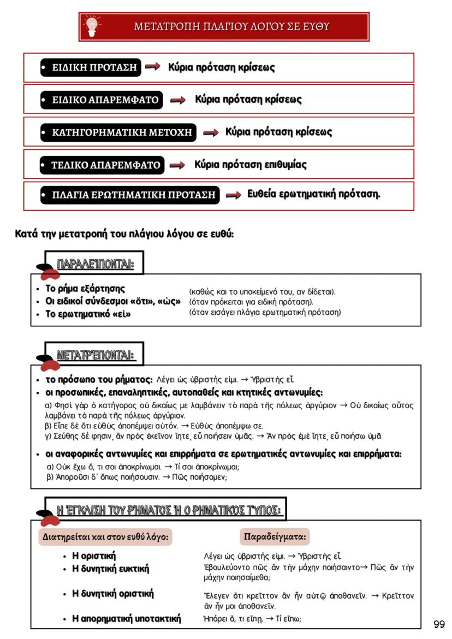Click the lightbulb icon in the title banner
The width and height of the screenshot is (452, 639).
coord(92,26)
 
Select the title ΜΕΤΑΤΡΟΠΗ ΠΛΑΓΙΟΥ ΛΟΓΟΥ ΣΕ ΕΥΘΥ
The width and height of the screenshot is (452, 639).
coord(232,26)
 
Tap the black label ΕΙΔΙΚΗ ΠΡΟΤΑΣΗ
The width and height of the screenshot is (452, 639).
coord(91,68)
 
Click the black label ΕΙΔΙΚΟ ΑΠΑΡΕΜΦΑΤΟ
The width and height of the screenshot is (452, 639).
coord(102,100)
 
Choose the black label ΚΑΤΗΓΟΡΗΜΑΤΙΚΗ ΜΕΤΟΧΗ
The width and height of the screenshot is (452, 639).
coord(118,132)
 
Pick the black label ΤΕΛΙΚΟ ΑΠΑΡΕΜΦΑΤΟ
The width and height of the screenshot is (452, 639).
coord(102,165)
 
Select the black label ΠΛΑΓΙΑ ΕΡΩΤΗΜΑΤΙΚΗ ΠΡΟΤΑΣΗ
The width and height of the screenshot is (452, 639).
coord(129,195)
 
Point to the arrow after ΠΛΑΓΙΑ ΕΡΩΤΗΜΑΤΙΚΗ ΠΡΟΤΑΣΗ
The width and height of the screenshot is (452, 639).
coord(234,195)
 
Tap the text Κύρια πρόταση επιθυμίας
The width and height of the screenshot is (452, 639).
coord(251,164)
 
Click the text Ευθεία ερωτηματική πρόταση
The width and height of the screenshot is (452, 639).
coord(314,194)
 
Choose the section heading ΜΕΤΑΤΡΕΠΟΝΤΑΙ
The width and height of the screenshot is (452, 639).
coord(96,355)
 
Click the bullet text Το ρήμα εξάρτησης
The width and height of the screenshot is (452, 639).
coord(85,289)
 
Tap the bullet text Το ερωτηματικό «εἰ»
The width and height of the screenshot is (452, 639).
coord(88,314)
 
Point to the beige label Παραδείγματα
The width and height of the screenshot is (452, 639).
coord(275,536)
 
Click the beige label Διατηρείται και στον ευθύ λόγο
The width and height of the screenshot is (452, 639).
coord(105,537)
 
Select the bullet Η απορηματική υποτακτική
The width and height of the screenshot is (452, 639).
coord(126,618)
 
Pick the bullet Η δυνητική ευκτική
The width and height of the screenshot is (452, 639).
coord(110,569)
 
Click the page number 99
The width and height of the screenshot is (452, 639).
coord(439,624)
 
